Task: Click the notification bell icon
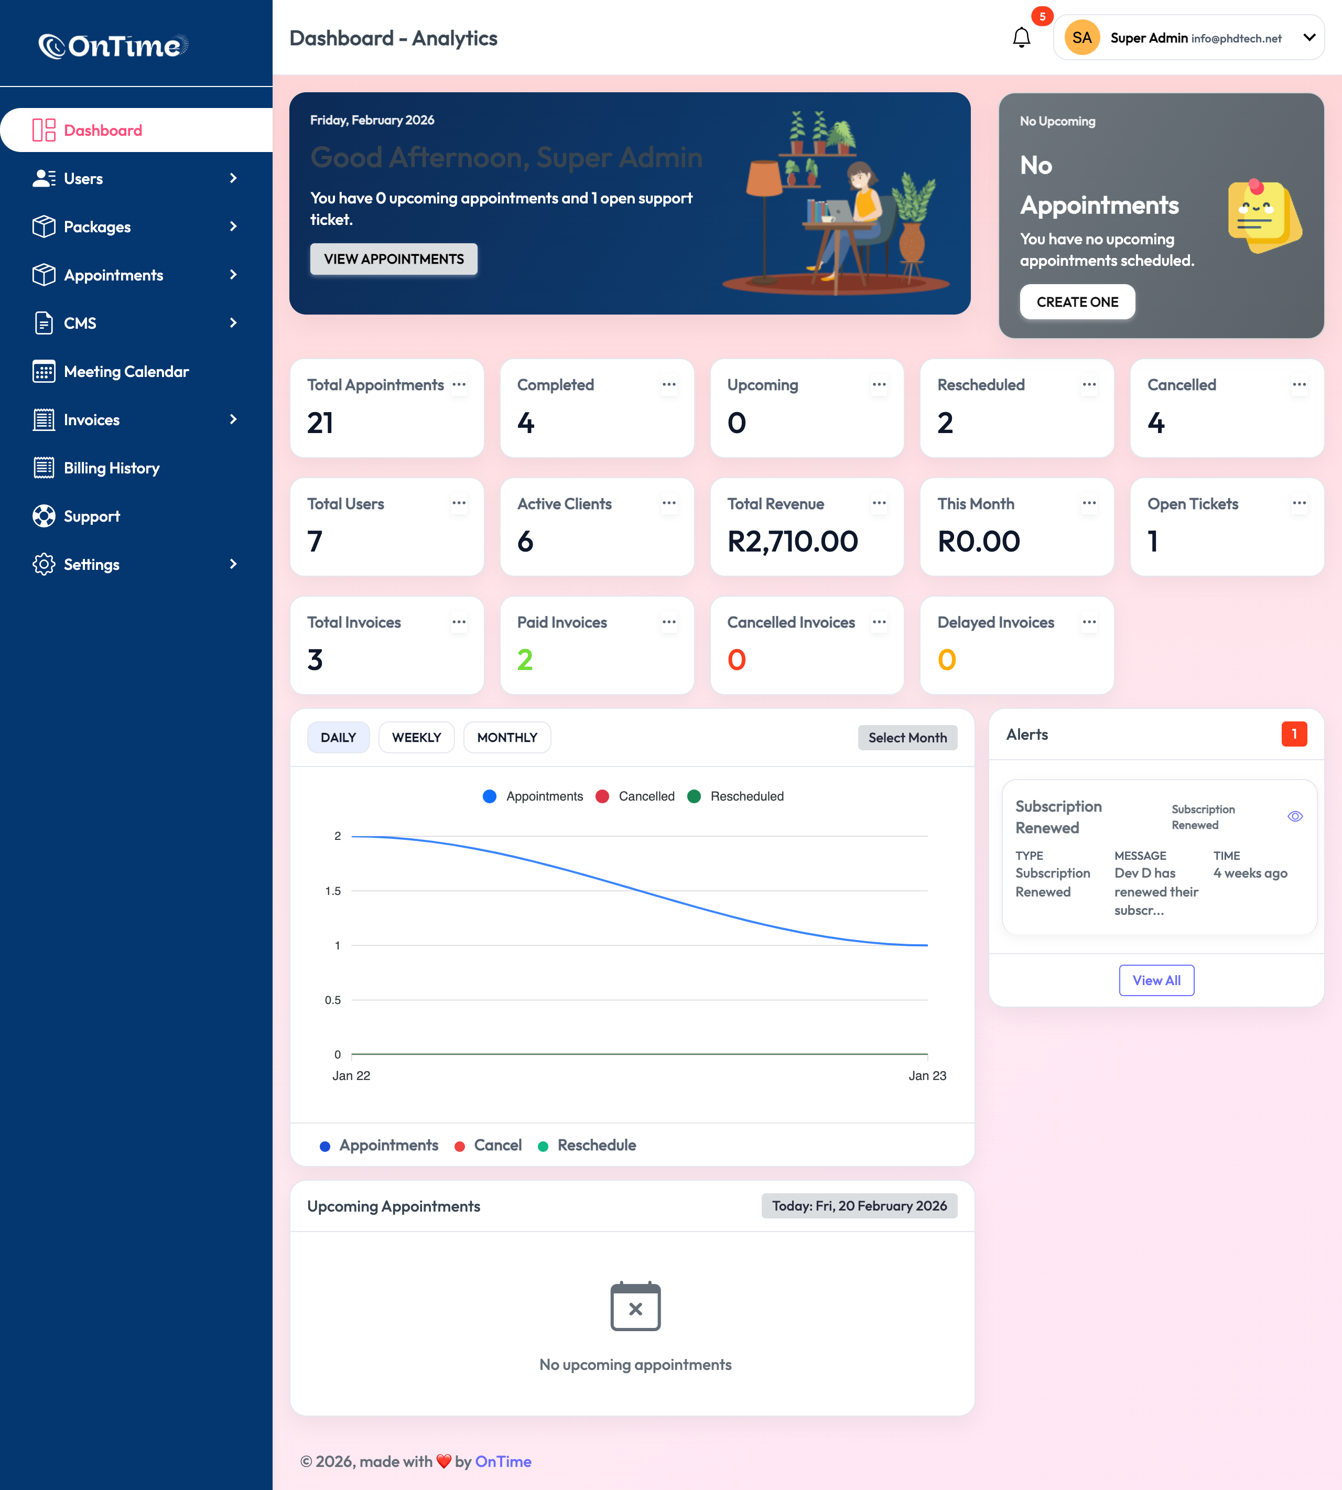[x=1021, y=38]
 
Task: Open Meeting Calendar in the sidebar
[x=126, y=372]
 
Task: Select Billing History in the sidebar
[x=111, y=468]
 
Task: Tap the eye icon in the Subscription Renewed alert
[x=1295, y=816]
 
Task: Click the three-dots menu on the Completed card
[x=669, y=385]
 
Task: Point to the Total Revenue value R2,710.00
[x=793, y=541]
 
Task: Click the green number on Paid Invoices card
[x=525, y=660]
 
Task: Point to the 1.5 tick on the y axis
[x=333, y=891]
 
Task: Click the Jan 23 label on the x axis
[x=927, y=1076]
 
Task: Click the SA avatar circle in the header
[x=1081, y=38]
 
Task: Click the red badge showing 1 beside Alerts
[x=1294, y=735]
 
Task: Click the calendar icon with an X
[x=635, y=1307]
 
